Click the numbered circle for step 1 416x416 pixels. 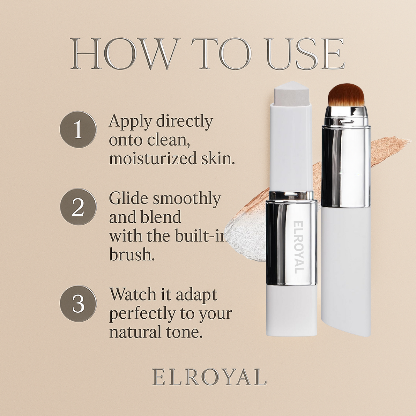click(78, 129)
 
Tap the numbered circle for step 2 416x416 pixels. click(78, 207)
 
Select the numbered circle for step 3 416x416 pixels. click(78, 304)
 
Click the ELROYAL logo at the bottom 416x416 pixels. click(209, 377)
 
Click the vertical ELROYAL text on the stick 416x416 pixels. click(299, 247)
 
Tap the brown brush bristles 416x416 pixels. click(346, 94)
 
